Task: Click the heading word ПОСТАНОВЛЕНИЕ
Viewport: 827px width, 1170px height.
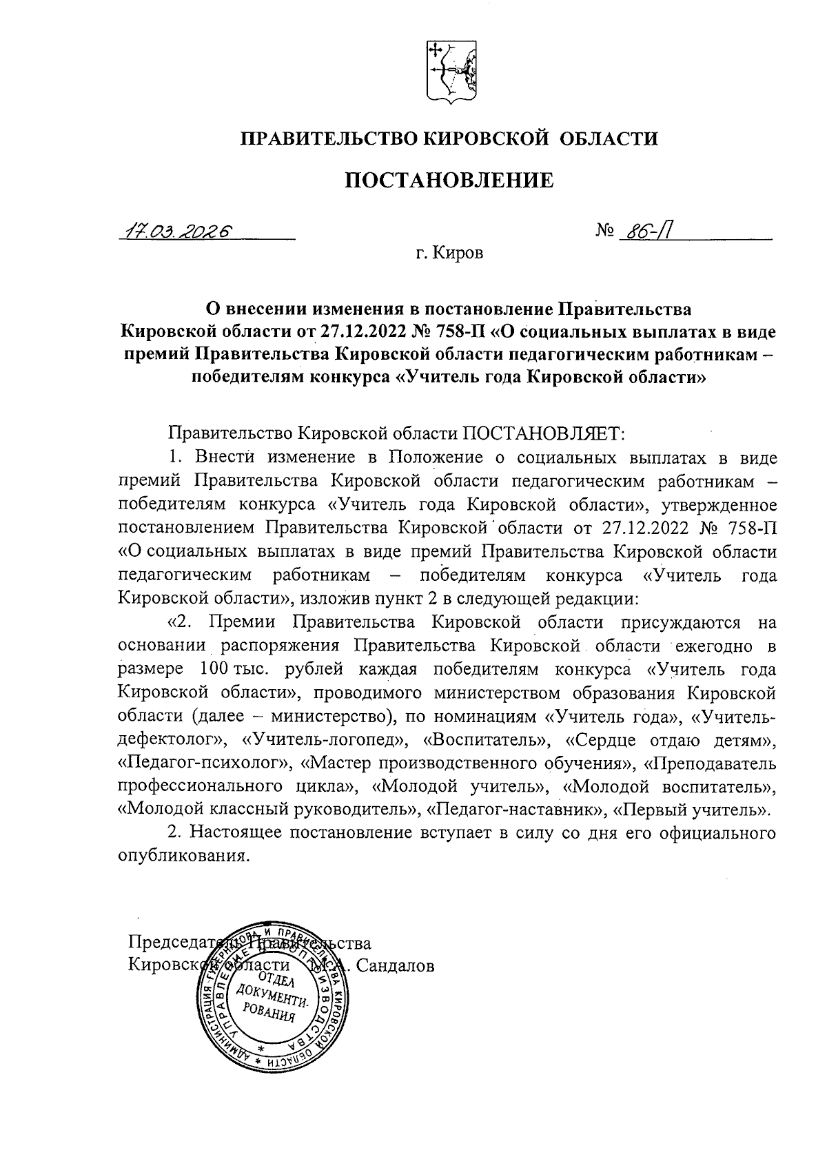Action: (448, 181)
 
